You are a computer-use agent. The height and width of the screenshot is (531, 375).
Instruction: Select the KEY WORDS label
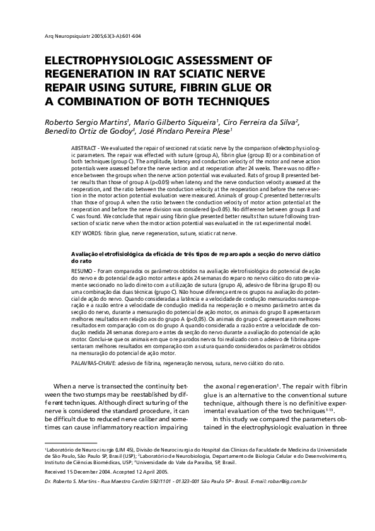(x=86, y=233)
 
